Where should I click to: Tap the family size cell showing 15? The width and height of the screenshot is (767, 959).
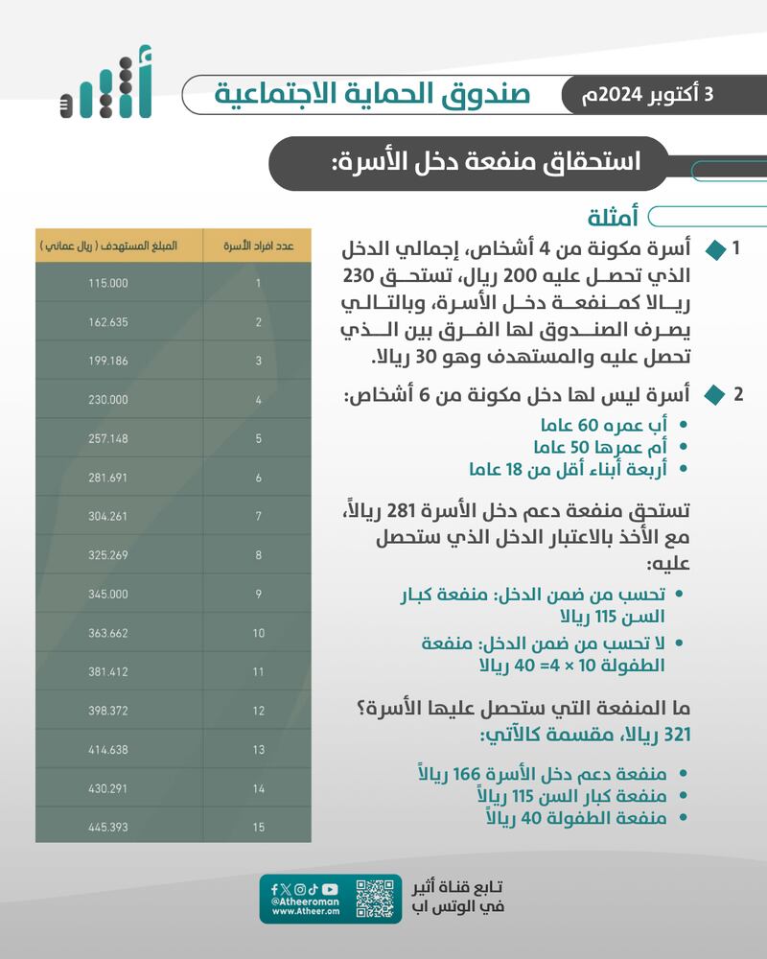click(x=258, y=826)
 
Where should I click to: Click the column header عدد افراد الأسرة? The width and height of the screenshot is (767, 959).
click(x=258, y=246)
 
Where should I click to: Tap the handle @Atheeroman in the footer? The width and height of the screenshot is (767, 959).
click(x=294, y=901)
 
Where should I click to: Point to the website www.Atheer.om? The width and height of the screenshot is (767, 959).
click(x=295, y=912)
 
